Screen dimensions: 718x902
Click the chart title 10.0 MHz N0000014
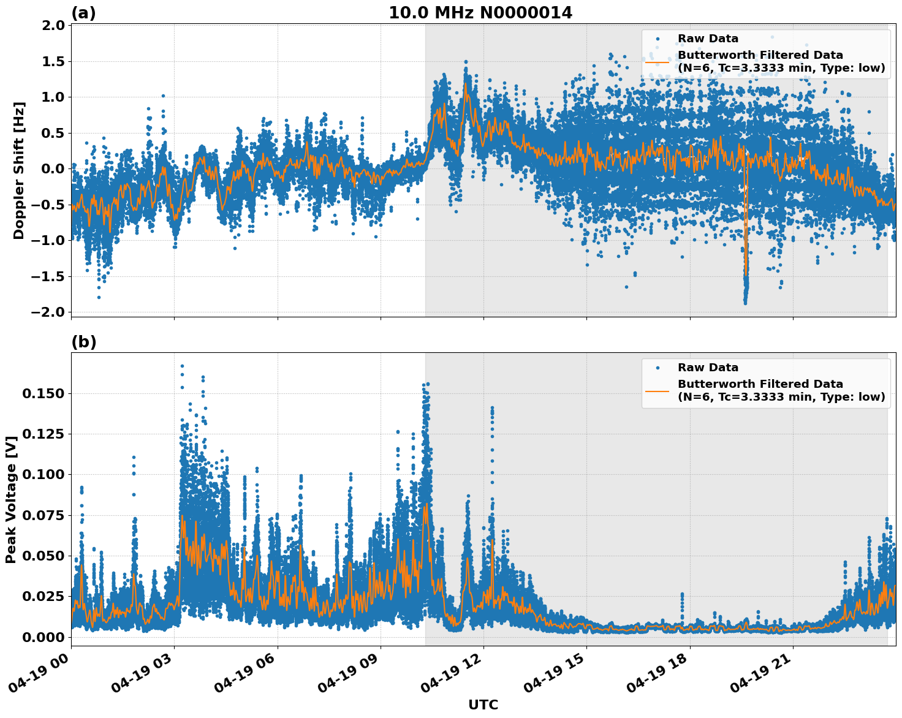(x=480, y=13)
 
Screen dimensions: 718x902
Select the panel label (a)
(x=83, y=13)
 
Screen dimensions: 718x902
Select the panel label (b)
(x=84, y=342)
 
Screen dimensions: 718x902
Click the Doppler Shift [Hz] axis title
(x=19, y=170)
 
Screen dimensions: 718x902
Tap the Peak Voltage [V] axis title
(x=11, y=499)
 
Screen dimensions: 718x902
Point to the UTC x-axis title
(x=483, y=705)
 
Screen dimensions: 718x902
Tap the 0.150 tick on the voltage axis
(x=43, y=393)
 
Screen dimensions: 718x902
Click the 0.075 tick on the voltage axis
(x=43, y=515)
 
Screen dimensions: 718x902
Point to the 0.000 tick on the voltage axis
(x=43, y=637)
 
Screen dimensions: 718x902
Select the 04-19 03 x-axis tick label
(x=145, y=678)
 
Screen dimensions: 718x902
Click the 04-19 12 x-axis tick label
(x=455, y=678)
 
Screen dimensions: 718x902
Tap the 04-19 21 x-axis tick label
(x=764, y=678)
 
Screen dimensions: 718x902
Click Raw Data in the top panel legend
(x=708, y=39)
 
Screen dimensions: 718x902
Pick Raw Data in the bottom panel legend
(x=708, y=368)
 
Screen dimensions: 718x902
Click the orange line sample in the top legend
(x=657, y=61)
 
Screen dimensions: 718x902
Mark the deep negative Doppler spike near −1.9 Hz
(x=745, y=302)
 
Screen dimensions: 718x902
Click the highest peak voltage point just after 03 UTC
(x=182, y=366)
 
